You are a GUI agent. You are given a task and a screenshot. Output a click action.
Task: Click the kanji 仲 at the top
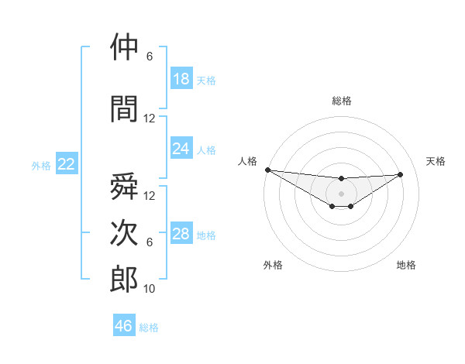click(124, 48)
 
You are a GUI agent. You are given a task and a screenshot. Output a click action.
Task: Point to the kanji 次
click(124, 234)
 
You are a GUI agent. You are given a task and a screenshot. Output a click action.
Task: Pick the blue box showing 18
click(181, 79)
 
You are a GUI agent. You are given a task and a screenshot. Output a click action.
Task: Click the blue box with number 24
click(181, 149)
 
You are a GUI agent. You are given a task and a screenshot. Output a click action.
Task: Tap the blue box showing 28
click(181, 234)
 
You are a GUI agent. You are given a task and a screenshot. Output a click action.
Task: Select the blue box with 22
click(67, 164)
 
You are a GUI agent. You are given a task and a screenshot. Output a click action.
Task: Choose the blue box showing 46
click(124, 326)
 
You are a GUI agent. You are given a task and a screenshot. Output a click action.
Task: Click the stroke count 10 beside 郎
click(150, 289)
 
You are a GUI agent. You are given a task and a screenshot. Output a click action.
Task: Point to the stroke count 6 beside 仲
click(150, 57)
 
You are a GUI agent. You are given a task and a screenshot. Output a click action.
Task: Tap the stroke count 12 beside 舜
click(150, 195)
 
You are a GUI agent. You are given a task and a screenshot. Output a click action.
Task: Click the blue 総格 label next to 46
click(149, 328)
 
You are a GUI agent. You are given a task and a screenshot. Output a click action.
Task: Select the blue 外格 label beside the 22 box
click(41, 165)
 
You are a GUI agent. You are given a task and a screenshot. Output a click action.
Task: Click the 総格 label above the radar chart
click(341, 101)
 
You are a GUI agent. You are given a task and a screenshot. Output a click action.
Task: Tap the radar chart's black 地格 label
click(406, 265)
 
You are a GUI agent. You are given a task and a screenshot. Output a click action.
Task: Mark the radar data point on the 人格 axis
click(267, 170)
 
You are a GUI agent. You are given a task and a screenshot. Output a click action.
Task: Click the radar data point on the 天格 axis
click(401, 174)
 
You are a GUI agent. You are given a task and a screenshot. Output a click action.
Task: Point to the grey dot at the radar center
click(341, 193)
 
